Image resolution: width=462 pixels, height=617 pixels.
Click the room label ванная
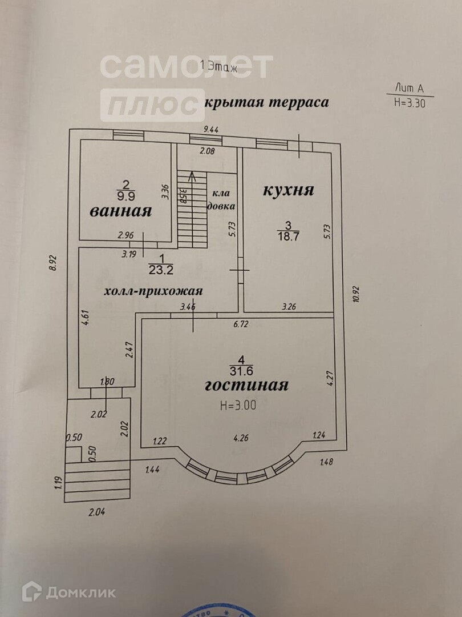pyautogui.click(x=120, y=211)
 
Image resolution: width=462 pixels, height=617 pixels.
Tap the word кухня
pyautogui.click(x=288, y=190)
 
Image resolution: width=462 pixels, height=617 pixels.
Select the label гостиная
pyautogui.click(x=246, y=385)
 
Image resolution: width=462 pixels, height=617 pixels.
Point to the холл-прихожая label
pyautogui.click(x=153, y=291)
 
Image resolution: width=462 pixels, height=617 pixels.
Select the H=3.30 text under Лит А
pyautogui.click(x=410, y=104)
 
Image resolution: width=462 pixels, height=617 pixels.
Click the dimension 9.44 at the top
pyautogui.click(x=211, y=130)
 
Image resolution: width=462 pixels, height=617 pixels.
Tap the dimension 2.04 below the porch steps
pyautogui.click(x=97, y=512)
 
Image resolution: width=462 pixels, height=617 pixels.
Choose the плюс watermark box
pyautogui.click(x=152, y=105)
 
